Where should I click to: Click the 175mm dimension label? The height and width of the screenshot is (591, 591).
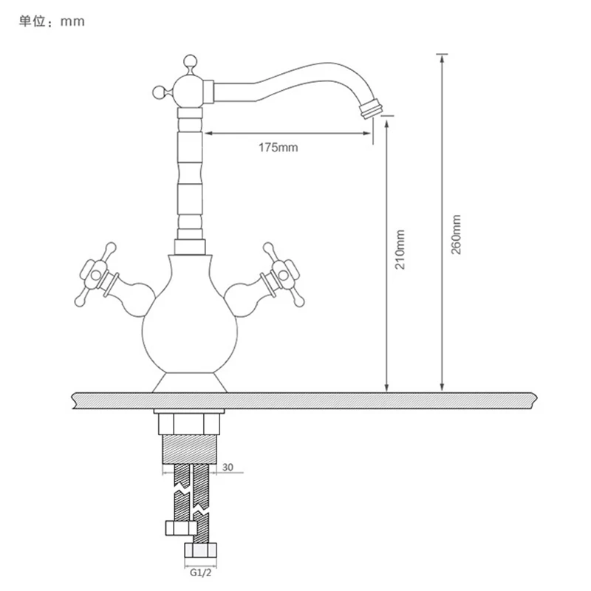point(279,147)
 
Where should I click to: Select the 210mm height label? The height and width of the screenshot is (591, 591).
point(400,250)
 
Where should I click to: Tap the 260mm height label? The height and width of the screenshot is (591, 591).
point(456,234)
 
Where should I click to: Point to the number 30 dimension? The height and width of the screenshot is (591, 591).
point(228,468)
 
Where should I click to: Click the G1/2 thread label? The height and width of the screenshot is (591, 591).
point(200,573)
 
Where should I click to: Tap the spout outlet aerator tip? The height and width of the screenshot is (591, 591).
point(372,109)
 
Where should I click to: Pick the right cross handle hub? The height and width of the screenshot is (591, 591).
point(284,274)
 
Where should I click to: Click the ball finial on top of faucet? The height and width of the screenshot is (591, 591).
point(190,61)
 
